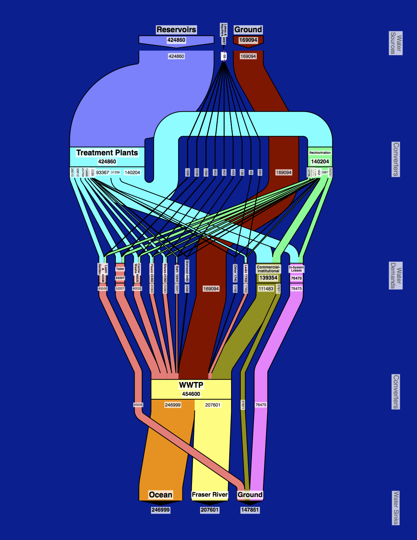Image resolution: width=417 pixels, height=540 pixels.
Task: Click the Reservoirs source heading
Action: [176, 30]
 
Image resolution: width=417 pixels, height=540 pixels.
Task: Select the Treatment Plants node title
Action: [107, 153]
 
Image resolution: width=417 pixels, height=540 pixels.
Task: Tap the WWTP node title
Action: [191, 385]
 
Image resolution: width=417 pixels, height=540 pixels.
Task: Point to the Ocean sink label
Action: [161, 495]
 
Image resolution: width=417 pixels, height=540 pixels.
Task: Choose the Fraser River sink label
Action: [210, 495]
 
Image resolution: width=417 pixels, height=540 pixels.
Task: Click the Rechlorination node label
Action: [320, 153]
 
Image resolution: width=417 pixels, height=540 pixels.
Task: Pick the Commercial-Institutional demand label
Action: [268, 269]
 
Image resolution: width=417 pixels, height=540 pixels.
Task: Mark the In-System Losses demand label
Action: [296, 269]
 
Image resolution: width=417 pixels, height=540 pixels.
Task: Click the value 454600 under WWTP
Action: [191, 394]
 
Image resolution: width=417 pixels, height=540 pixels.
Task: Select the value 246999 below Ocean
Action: [161, 510]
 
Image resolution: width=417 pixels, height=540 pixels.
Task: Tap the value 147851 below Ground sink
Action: [250, 510]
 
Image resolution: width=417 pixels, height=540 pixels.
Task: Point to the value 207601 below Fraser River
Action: [210, 510]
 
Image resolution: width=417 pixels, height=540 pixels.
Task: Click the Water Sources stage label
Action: [396, 43]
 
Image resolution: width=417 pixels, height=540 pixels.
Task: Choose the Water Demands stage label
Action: [396, 275]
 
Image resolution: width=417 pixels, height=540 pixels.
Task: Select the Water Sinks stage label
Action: [396, 507]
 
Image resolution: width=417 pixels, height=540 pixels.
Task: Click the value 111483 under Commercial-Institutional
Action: [266, 289]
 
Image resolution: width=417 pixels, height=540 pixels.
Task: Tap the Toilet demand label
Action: [120, 269]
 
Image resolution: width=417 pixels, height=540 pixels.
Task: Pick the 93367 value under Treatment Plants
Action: [102, 173]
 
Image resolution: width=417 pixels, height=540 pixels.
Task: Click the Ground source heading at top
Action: [248, 30]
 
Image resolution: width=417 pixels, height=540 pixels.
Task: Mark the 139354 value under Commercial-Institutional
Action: [268, 278]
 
